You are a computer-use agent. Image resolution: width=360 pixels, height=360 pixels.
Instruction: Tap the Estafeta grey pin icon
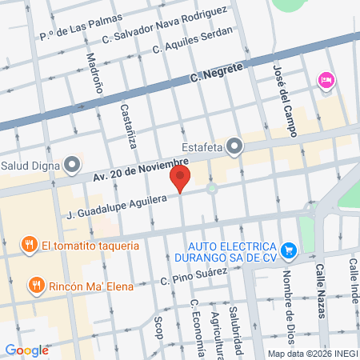234,146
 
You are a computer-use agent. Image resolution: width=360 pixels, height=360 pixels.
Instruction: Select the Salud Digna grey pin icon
72,166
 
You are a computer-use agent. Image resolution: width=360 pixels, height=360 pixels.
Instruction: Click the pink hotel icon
325,80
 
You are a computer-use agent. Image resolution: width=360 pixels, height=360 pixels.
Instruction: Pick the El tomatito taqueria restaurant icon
29,245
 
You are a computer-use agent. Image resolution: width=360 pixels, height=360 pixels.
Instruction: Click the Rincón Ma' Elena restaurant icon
35,284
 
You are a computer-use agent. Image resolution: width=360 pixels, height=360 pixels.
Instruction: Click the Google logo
27,350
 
